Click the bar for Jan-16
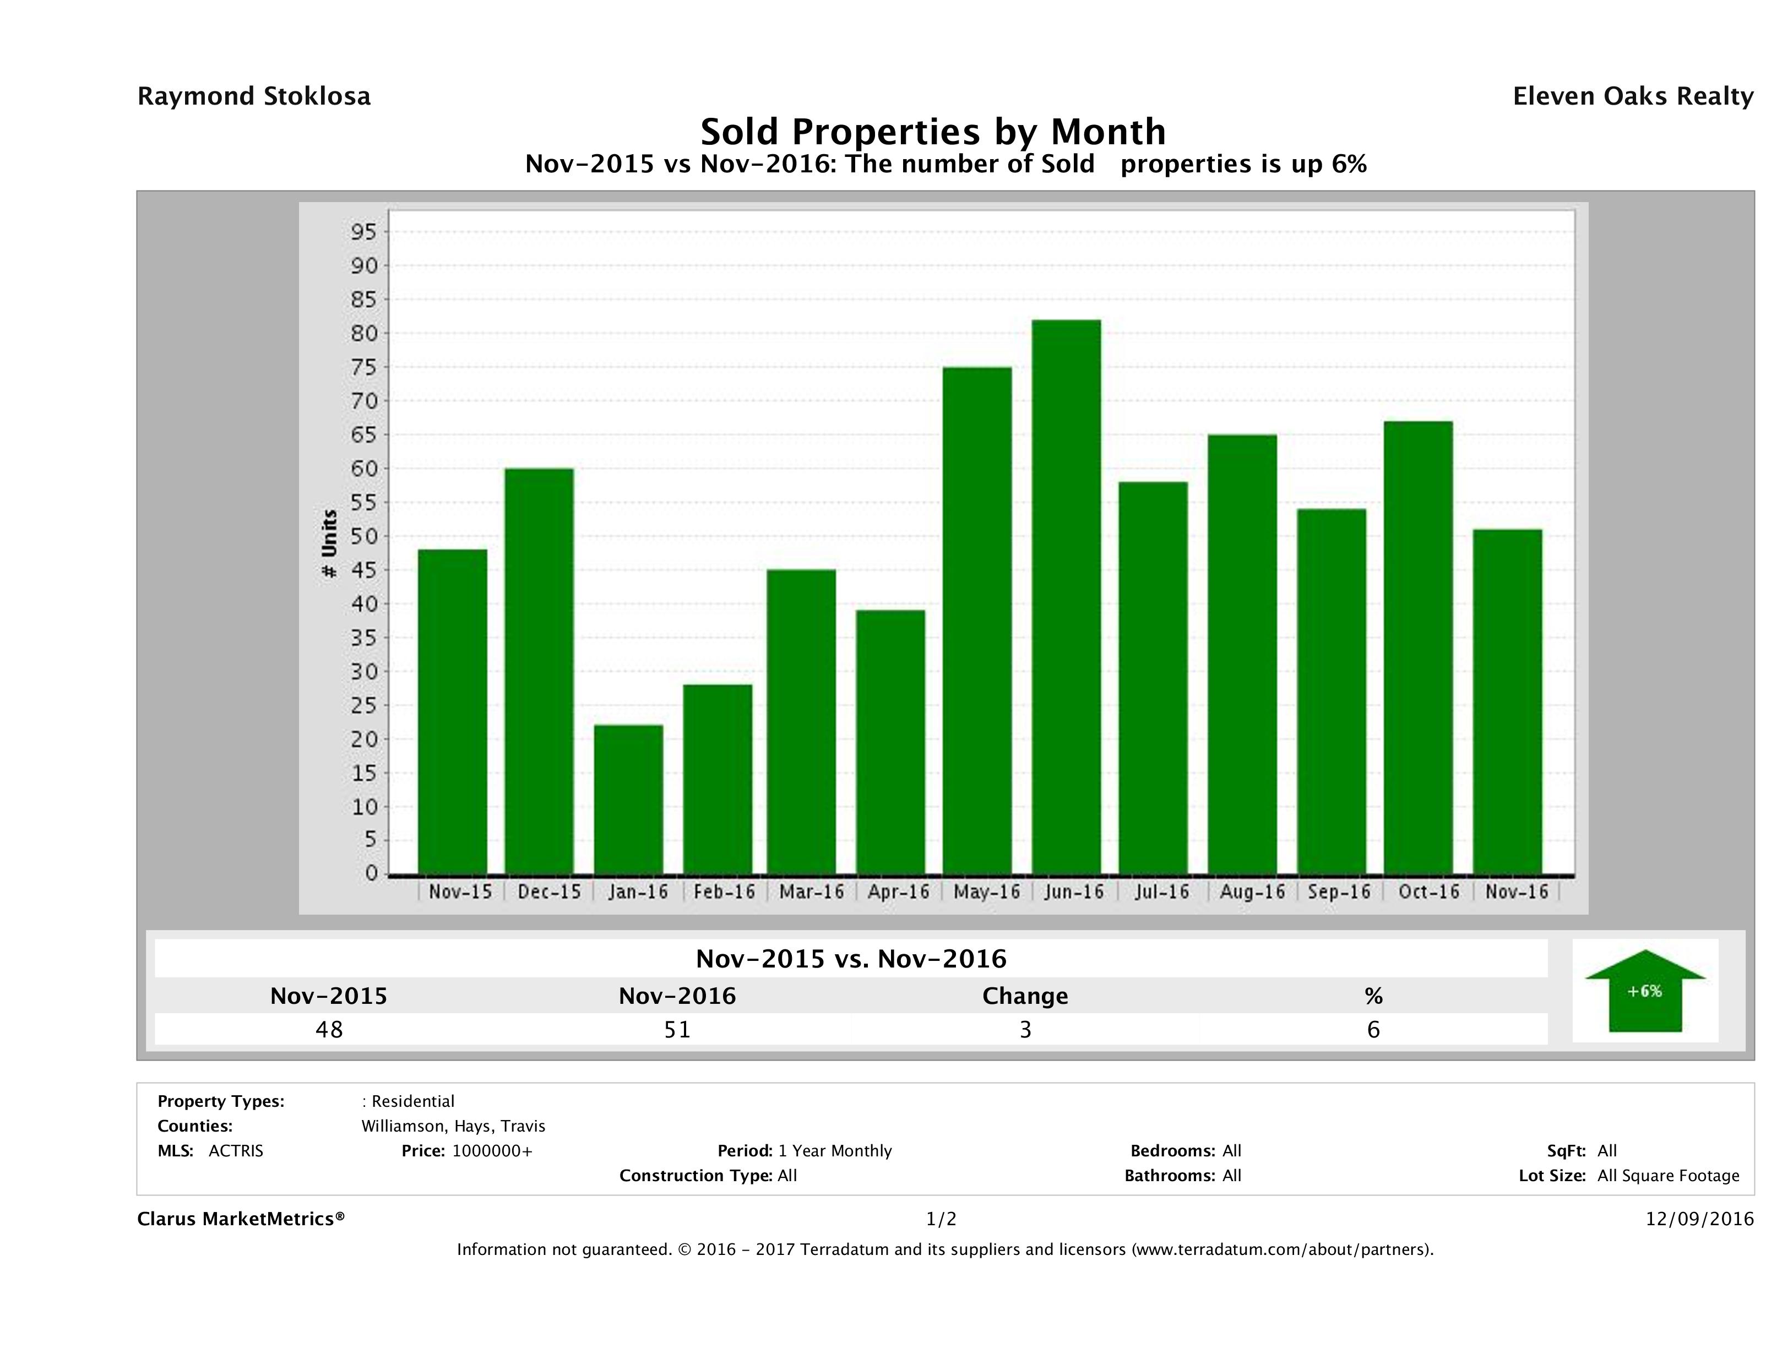628,800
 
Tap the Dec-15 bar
539,671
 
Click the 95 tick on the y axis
363,232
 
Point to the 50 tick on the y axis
363,537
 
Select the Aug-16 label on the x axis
1252,892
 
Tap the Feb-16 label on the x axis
724,892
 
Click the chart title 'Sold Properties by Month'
933,131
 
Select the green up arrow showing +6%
1644,991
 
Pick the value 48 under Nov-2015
329,1029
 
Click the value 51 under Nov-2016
677,1029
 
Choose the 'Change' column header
1025,996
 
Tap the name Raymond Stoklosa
254,96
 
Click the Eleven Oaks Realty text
1632,96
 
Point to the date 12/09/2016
1699,1219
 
